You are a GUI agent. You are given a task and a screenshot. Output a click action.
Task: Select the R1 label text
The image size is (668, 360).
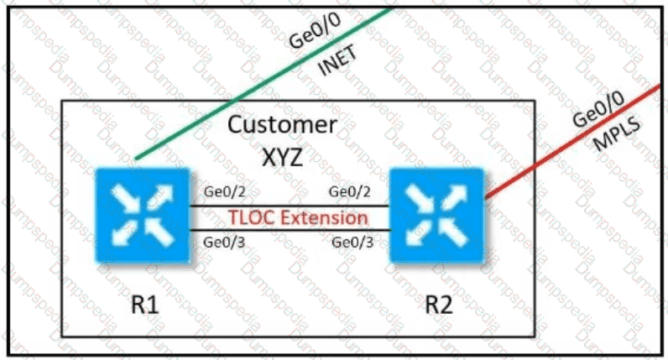pos(137,303)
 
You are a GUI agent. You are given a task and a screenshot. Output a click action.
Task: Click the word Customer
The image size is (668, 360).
pos(283,127)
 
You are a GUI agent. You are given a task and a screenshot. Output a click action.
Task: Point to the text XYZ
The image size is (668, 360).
pos(283,157)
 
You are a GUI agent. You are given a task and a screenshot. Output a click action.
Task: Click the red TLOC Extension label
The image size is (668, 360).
pos(298,218)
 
